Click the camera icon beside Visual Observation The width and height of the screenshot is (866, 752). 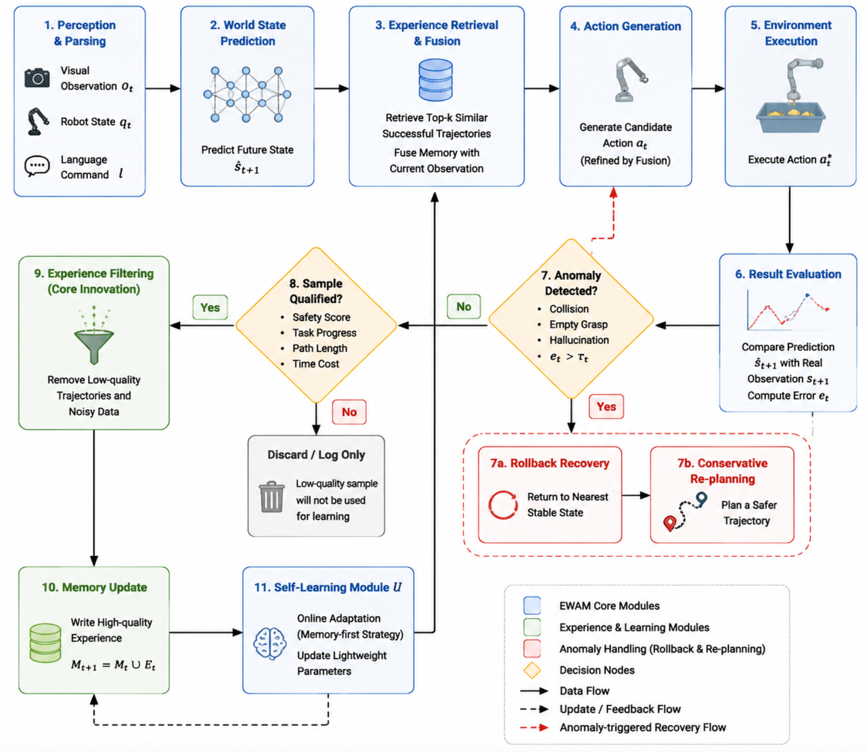(37, 78)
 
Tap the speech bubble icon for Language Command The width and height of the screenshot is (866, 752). (37, 166)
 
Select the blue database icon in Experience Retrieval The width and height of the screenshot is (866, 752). (435, 80)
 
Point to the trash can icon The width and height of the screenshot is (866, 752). (271, 497)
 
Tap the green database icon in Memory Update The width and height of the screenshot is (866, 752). (45, 643)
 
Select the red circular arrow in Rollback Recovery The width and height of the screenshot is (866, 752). (503, 504)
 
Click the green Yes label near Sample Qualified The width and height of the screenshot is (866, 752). (210, 307)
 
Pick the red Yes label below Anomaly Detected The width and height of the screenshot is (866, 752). (606, 407)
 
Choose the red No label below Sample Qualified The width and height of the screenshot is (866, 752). (349, 412)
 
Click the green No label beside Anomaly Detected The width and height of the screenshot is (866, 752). (464, 307)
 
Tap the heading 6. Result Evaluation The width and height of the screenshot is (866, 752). (788, 274)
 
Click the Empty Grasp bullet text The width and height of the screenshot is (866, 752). (578, 324)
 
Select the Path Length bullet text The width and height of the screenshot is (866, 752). (319, 348)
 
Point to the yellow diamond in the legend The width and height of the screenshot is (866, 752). (532, 670)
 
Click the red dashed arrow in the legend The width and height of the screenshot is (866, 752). (534, 727)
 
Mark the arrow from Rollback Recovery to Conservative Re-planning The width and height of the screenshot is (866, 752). (636, 495)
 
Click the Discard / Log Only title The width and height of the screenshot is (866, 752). (316, 455)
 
